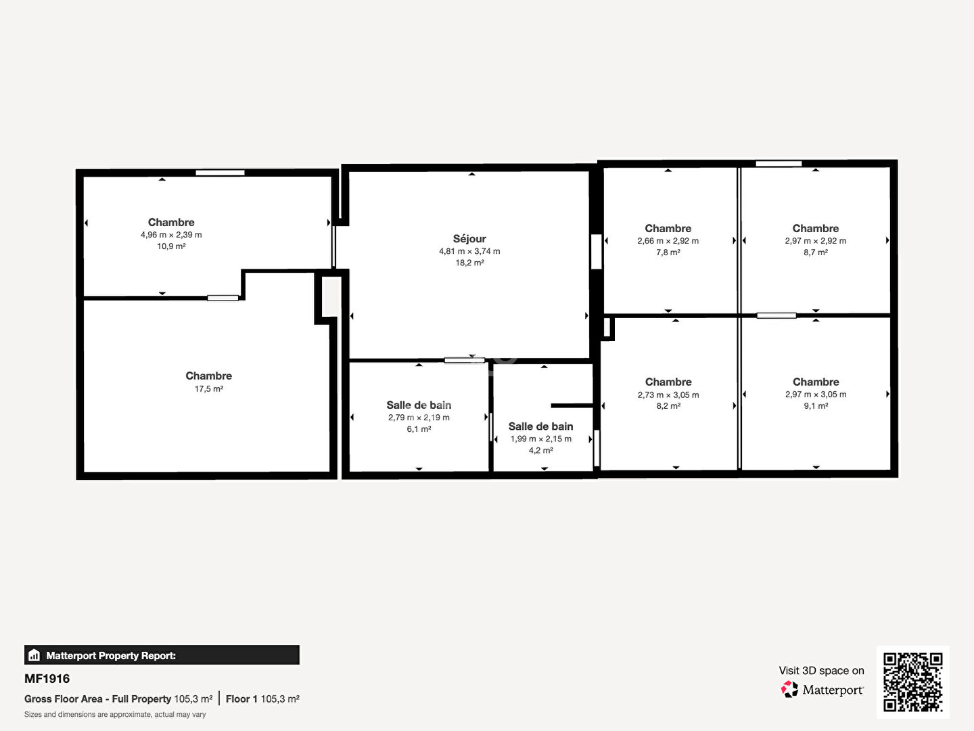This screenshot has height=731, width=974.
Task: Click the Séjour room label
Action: point(469,239)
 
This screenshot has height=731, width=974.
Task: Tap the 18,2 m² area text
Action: point(469,263)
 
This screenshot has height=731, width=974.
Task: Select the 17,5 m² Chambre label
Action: point(208,376)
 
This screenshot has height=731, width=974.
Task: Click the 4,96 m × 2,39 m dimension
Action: point(171,235)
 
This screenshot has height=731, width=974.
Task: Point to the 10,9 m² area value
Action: point(171,246)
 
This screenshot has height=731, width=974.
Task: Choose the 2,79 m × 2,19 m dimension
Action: point(419,418)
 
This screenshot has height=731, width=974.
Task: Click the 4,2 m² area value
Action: point(541,451)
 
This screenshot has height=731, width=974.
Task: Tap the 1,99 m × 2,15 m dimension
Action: point(541,439)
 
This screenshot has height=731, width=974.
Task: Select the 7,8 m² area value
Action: point(668,252)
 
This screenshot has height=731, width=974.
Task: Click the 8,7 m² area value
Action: point(816,252)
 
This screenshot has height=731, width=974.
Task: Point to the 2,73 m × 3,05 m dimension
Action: point(668,395)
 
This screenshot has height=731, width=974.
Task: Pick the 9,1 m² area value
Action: point(816,406)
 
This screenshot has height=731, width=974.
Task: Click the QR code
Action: point(912,682)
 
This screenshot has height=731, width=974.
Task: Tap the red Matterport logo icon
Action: point(789,689)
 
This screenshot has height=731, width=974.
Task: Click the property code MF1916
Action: point(47,679)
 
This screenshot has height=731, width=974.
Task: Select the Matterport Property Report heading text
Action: point(111,656)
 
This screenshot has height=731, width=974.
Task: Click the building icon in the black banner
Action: point(34,655)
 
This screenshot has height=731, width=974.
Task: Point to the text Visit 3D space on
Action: point(821,671)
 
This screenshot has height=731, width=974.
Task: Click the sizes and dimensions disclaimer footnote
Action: point(115,715)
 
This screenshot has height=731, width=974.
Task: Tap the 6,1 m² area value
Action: point(419,429)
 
